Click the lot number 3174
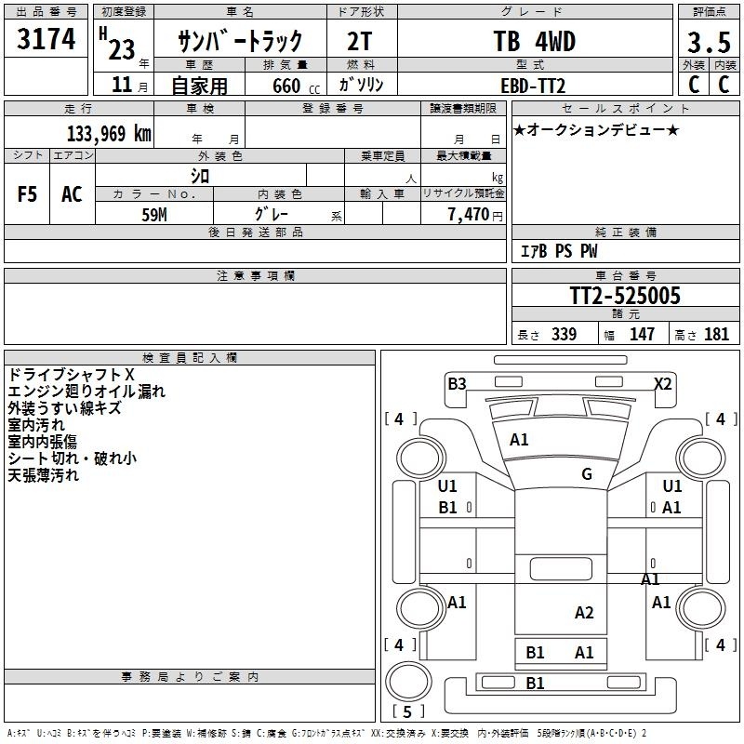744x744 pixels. click(x=46, y=38)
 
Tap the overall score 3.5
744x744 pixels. click(x=709, y=42)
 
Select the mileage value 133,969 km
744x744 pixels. click(x=109, y=133)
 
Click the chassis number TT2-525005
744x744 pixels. click(x=625, y=296)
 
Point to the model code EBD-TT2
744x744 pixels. click(x=533, y=86)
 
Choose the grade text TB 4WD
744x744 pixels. click(x=534, y=41)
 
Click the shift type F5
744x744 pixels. click(x=27, y=194)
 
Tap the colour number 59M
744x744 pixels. click(x=154, y=215)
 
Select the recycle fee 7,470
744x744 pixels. click(x=469, y=215)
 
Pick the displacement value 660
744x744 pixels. click(x=286, y=86)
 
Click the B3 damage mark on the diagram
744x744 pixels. click(x=457, y=384)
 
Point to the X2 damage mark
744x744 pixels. click(x=663, y=383)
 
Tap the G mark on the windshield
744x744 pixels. click(x=587, y=474)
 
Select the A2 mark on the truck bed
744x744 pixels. click(x=584, y=613)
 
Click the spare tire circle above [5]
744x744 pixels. click(x=408, y=682)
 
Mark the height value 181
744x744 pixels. click(x=716, y=334)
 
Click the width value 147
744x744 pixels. click(x=642, y=334)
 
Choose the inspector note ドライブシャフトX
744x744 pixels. click(x=72, y=375)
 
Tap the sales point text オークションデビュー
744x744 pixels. click(x=596, y=129)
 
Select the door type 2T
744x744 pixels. click(x=360, y=41)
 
